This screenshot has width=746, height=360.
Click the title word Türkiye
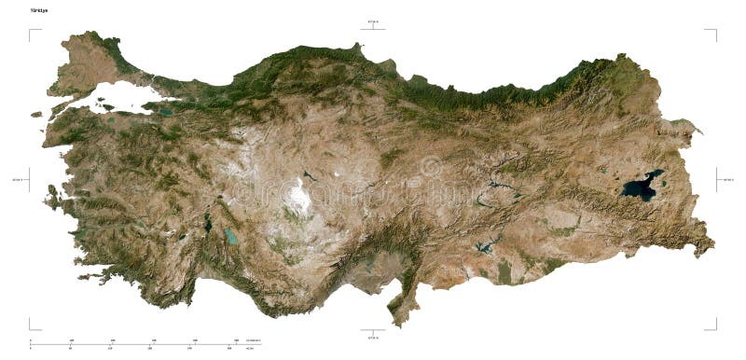point(39,10)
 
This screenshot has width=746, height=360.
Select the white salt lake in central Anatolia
point(300,197)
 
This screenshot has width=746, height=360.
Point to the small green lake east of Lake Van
point(690,131)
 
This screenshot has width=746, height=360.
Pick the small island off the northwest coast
point(36,115)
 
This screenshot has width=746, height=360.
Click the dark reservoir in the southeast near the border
point(483,247)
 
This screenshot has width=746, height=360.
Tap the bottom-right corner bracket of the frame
point(712,325)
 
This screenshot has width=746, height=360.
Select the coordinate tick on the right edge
point(719,179)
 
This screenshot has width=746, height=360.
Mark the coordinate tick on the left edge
point(27,179)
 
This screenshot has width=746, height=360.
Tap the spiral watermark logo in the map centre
point(430,168)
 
